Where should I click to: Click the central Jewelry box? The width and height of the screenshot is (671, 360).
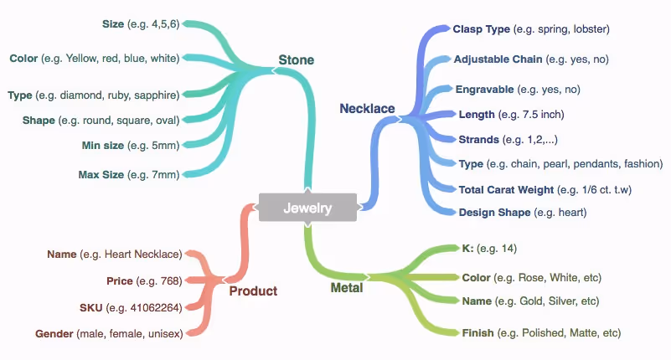(307, 208)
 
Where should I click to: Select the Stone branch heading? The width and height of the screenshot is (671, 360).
(297, 59)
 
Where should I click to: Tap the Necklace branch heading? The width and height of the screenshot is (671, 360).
(367, 109)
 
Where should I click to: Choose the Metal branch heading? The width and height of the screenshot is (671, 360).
(347, 288)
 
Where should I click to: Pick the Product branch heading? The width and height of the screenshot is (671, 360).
(253, 291)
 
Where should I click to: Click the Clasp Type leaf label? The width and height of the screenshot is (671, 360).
(482, 29)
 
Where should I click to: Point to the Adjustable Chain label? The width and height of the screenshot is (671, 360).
(498, 59)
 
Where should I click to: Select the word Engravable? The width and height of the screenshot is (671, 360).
(484, 90)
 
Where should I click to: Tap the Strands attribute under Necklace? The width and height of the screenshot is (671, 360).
(479, 139)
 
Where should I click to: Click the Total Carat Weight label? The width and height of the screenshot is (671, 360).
(506, 190)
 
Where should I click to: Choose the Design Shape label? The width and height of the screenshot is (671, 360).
(495, 213)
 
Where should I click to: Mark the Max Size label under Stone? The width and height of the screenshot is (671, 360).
(101, 174)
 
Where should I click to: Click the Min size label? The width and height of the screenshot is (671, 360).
(103, 146)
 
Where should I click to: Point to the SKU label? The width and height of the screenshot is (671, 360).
(90, 308)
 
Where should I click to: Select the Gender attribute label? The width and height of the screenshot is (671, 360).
(54, 333)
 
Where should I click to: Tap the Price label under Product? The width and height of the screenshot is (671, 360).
(120, 281)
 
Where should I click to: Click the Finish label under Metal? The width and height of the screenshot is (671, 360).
(478, 332)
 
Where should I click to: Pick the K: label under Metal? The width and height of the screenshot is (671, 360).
(467, 249)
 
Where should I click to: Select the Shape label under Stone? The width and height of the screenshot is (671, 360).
(39, 121)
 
